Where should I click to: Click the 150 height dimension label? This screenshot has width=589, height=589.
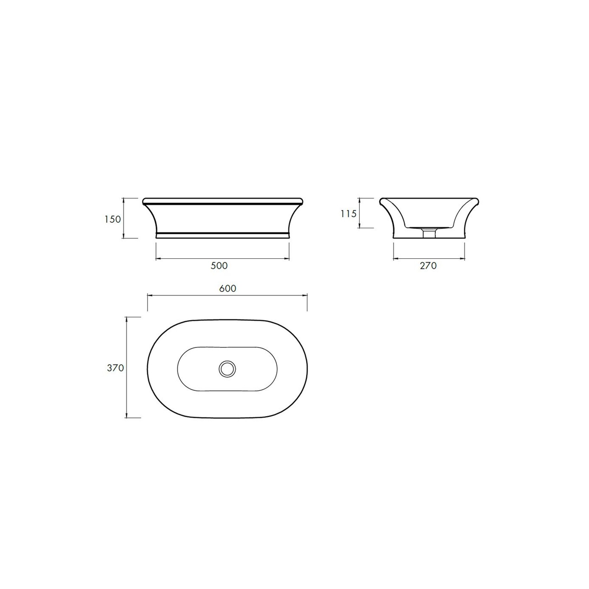112,219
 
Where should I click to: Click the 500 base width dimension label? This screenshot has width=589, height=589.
219,266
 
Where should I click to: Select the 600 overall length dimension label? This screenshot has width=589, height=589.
228,288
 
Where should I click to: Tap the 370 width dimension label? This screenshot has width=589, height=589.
115,368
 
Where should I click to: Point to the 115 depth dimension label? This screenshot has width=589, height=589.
349,213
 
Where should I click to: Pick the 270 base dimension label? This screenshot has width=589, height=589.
428,266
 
